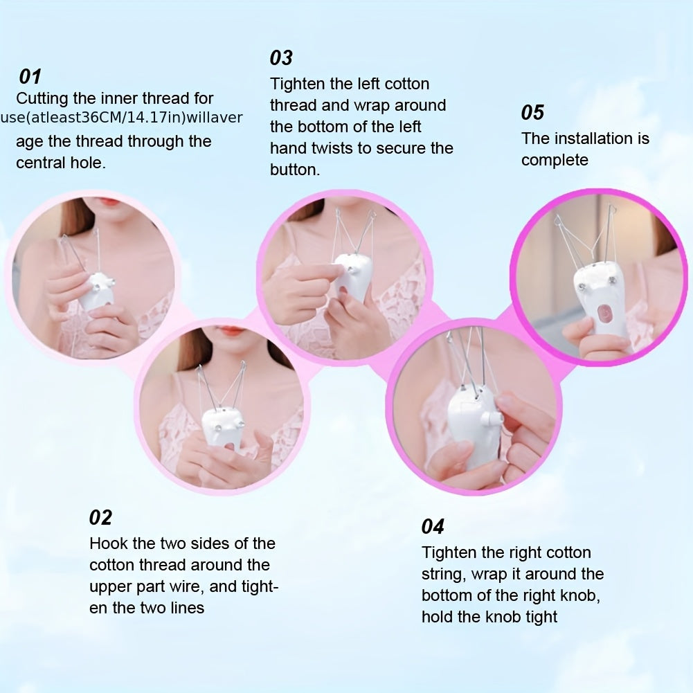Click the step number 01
click(x=30, y=76)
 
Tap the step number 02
click(x=100, y=517)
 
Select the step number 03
click(x=281, y=57)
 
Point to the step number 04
click(x=433, y=527)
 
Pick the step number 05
click(x=532, y=112)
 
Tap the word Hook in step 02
click(x=107, y=543)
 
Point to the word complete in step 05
click(x=555, y=160)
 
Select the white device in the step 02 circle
click(x=220, y=426)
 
